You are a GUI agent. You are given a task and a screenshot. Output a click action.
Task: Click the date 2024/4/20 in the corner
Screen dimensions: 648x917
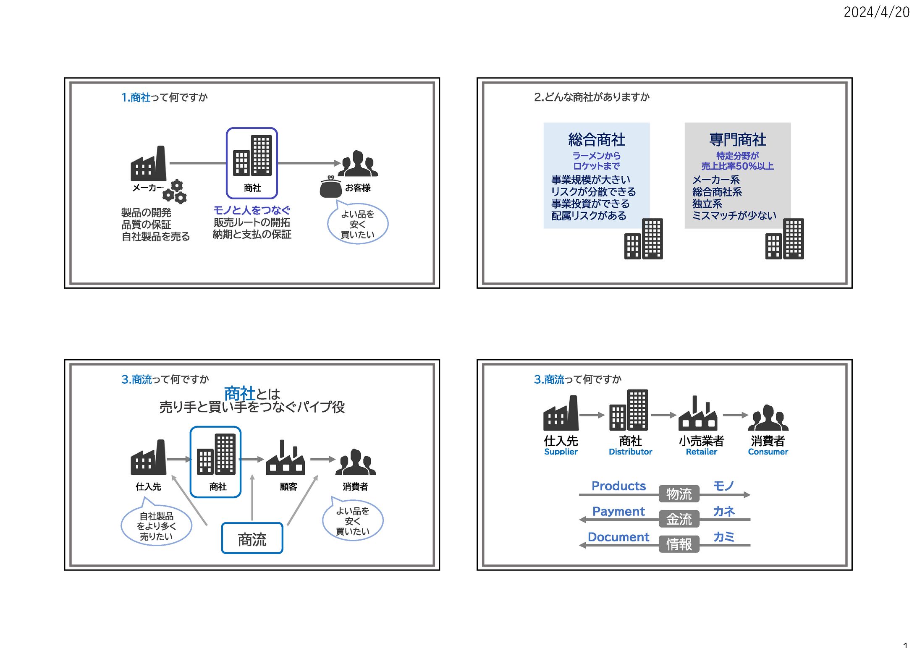pos(876,12)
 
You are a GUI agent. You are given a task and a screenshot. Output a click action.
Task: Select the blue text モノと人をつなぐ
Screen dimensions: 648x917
pos(252,210)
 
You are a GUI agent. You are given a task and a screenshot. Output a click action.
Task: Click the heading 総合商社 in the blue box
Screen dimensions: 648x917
pos(596,139)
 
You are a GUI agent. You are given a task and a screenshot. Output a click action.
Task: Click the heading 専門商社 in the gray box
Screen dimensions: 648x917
pos(737,139)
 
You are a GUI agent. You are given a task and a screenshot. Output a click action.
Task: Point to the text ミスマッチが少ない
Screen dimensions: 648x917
pos(734,215)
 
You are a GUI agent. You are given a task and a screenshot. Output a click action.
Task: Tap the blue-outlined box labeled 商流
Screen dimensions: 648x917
pos(252,538)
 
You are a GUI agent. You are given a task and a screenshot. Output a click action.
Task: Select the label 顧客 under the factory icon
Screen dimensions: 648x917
pos(288,486)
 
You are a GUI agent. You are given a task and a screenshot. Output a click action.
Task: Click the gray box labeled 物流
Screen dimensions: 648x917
pos(679,494)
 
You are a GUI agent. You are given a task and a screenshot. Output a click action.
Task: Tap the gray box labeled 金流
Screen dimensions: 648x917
pos(679,519)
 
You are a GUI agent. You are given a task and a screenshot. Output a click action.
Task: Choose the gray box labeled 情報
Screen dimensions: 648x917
pos(679,544)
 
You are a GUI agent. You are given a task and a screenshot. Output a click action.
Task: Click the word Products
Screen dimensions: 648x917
pos(618,486)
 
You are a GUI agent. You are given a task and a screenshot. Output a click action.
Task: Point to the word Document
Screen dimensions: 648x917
pos(618,537)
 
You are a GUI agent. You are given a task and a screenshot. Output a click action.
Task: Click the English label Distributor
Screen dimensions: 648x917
pos(630,452)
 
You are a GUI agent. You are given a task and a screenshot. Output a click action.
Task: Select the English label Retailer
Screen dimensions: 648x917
pos(701,452)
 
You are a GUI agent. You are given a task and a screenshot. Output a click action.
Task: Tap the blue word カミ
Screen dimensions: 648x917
pos(723,537)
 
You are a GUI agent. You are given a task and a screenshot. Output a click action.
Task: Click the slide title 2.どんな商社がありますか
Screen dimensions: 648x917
pos(592,97)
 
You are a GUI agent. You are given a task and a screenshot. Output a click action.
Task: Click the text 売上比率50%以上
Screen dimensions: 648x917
pos(737,166)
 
